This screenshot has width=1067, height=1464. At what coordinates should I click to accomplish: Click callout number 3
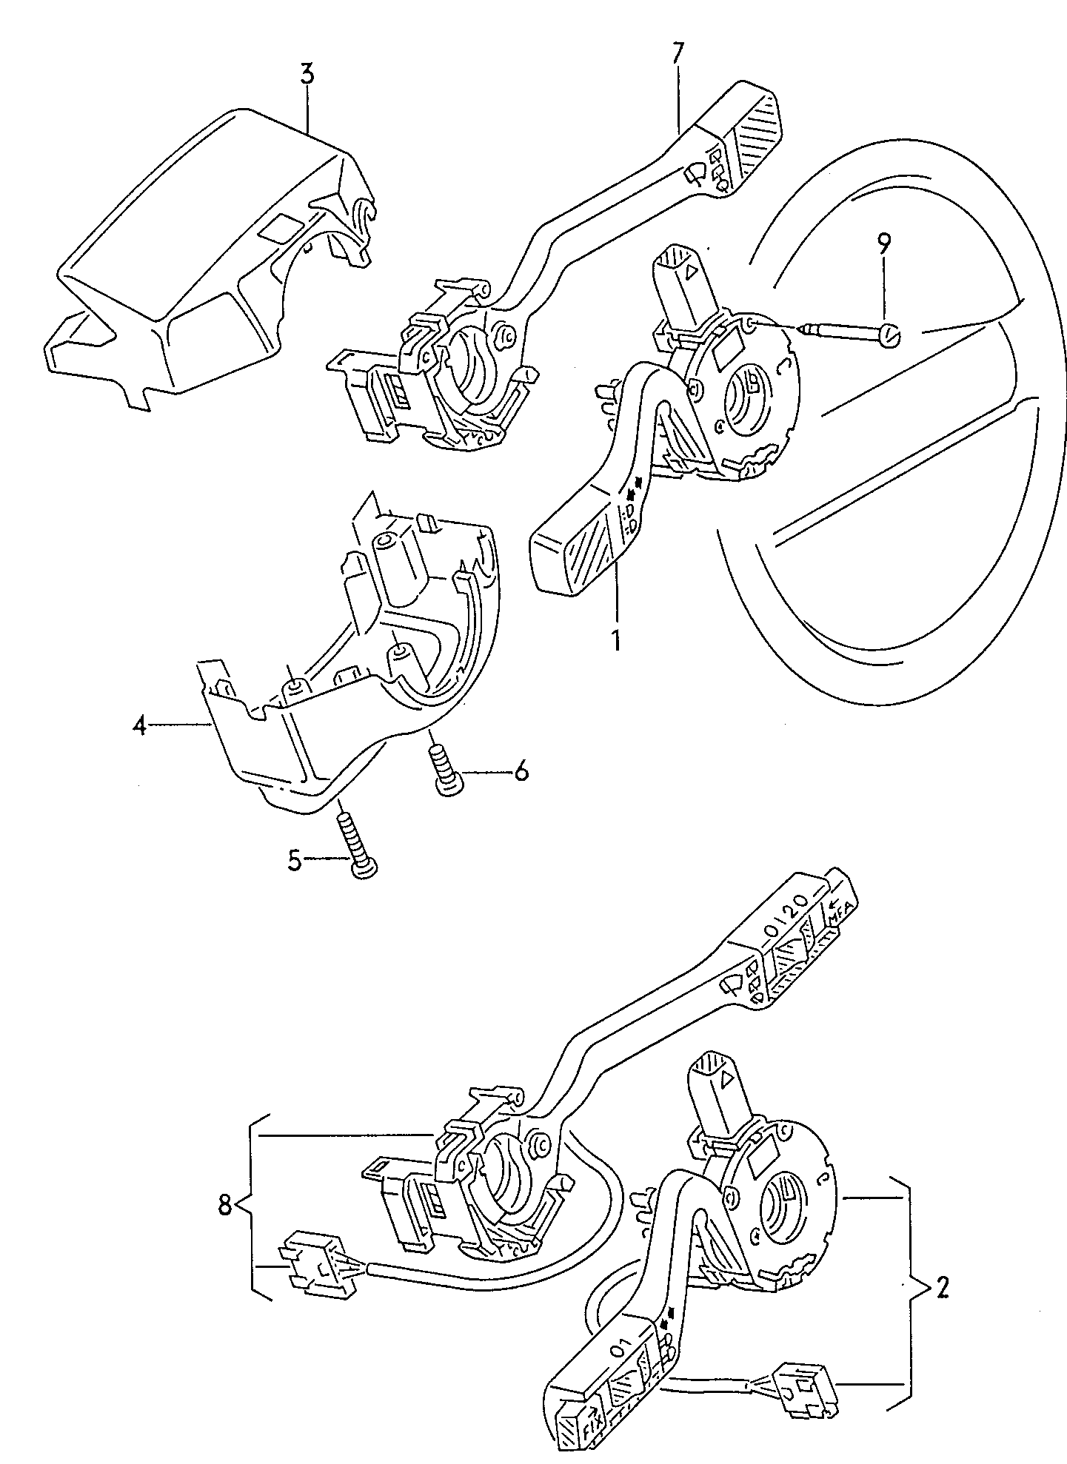307,74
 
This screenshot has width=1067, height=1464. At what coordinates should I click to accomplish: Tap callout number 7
678,54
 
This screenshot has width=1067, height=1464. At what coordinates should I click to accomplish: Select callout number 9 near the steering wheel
885,244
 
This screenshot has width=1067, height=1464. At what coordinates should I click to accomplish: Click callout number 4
140,726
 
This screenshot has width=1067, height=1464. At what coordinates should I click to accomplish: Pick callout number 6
521,773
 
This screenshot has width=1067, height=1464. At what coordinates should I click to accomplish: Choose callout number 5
295,861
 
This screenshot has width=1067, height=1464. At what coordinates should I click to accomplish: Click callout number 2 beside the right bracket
941,1289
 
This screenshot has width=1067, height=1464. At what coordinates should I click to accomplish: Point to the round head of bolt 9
891,337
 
